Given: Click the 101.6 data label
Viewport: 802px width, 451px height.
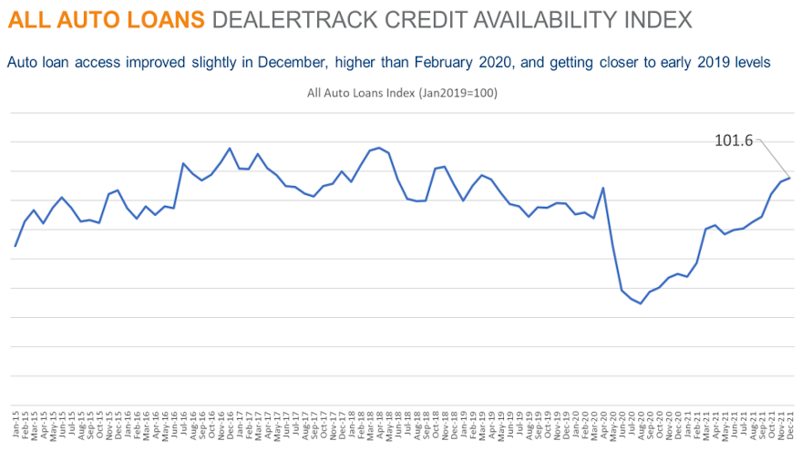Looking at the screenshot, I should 735,140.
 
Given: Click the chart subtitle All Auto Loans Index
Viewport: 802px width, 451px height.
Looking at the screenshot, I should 402,93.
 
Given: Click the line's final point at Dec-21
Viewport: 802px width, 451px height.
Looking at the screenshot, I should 790,177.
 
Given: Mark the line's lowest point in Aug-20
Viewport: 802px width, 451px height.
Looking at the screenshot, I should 641,303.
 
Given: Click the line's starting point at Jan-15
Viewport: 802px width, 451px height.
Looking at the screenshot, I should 15,246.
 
